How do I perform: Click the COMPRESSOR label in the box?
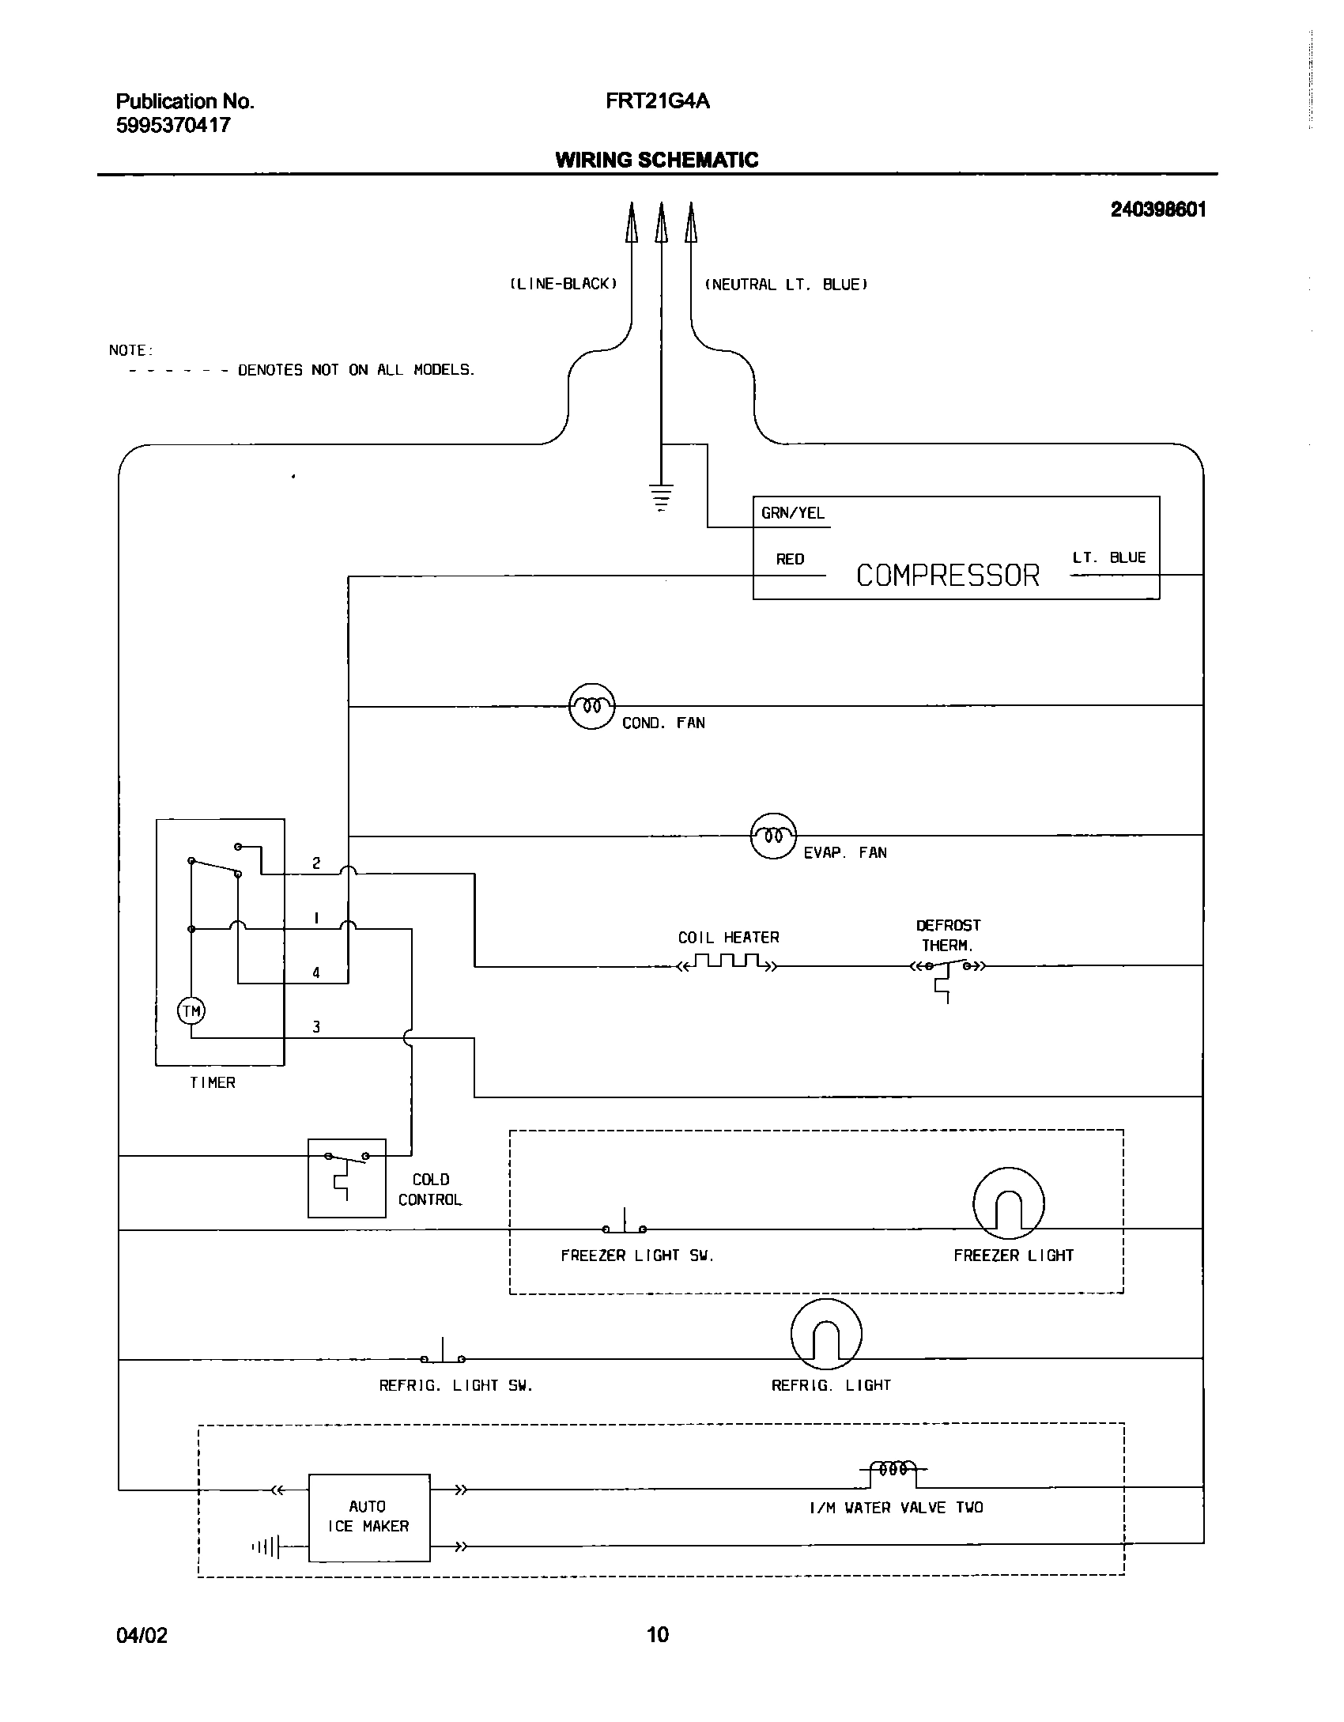[x=947, y=575]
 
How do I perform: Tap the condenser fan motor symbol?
[x=591, y=705]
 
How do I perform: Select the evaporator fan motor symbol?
[x=772, y=836]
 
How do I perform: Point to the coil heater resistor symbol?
[x=727, y=963]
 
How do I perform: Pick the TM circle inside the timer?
[x=191, y=1010]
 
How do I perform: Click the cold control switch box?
[x=346, y=1178]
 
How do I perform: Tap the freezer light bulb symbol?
[x=1008, y=1203]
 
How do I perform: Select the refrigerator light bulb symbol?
[x=825, y=1335]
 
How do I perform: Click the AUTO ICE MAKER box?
[x=368, y=1516]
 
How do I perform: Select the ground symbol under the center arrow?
[x=662, y=497]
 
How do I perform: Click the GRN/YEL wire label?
[x=792, y=513]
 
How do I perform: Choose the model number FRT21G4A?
[x=657, y=101]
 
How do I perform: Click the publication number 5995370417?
[x=173, y=125]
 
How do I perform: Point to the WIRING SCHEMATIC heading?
[x=656, y=160]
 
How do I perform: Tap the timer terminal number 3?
[x=316, y=1027]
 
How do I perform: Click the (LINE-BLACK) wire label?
[x=562, y=284]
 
